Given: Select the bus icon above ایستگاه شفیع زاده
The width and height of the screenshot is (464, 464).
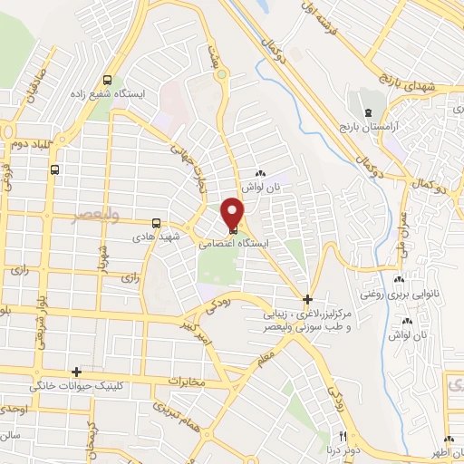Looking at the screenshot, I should point(109,79).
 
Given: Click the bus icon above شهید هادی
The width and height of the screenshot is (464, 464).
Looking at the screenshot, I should point(156,222).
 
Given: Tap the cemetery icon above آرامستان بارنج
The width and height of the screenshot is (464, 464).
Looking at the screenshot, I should point(366,110).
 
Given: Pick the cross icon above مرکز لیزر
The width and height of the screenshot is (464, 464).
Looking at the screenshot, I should point(308,298).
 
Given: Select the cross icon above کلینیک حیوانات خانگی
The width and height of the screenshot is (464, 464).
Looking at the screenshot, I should point(76,372).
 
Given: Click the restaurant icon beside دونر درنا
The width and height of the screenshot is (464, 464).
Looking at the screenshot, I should point(318,448).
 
